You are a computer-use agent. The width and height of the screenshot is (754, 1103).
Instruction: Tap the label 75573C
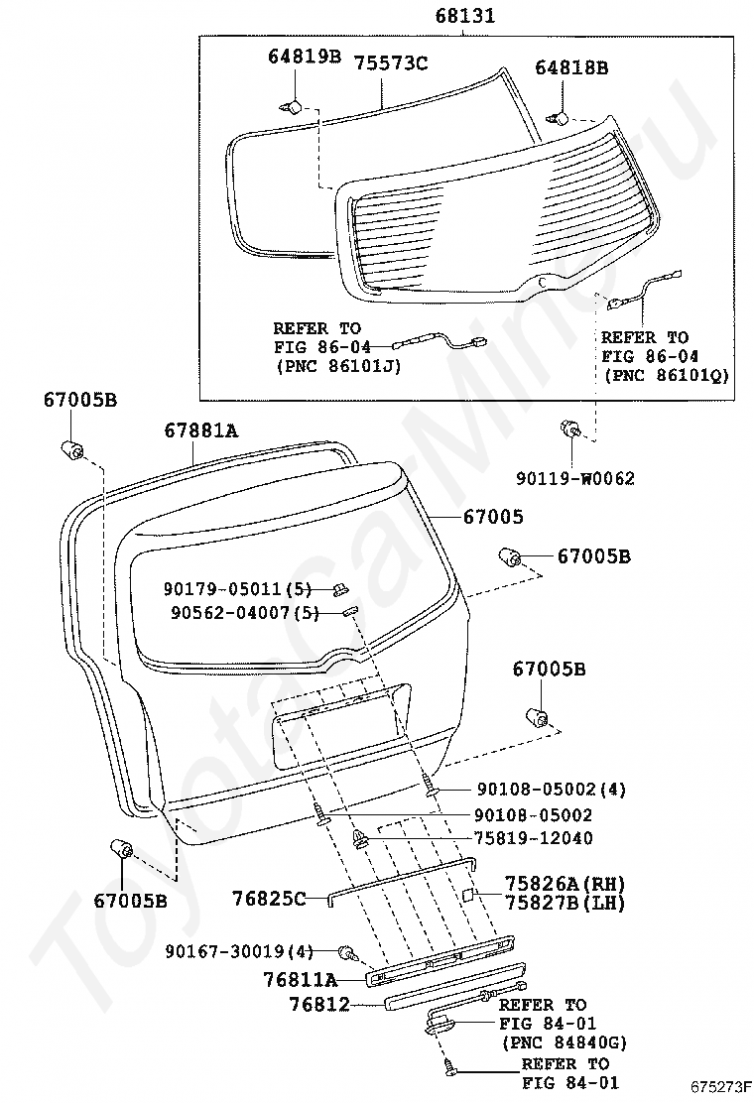[x=390, y=63]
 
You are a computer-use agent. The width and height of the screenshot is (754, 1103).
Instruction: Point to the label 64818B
[x=571, y=67]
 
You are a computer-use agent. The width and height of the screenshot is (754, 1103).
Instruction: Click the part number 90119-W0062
[x=574, y=478]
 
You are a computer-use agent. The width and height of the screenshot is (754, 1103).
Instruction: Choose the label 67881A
[x=201, y=429]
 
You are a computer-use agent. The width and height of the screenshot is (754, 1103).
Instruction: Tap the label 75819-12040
[x=534, y=838]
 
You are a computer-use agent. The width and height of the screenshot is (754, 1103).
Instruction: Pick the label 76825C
[x=270, y=899]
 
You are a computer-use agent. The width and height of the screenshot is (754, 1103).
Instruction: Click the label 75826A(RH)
[x=565, y=883]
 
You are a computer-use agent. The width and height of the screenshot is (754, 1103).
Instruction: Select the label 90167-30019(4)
[x=239, y=952]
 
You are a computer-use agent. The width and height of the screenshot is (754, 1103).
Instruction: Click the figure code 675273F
[x=721, y=1086]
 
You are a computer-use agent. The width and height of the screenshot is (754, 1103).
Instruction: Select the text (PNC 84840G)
[x=565, y=1042]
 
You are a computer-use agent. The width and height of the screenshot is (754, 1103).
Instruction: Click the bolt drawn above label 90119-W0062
[x=571, y=429]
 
